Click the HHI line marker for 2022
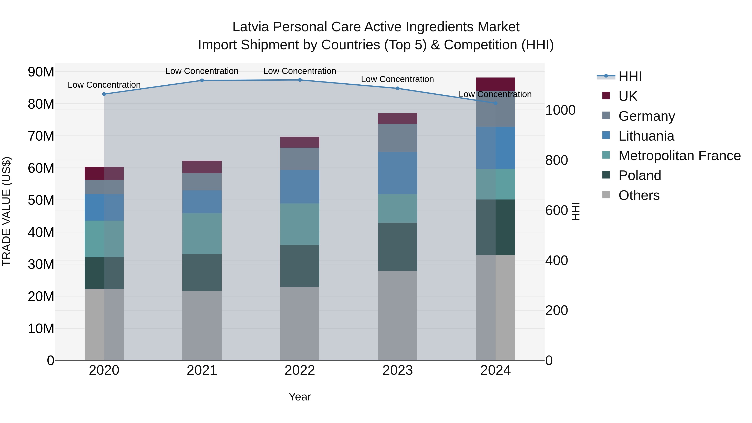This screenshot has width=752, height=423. (300, 80)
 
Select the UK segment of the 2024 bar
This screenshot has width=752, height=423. (495, 84)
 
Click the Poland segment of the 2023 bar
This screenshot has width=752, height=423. (398, 247)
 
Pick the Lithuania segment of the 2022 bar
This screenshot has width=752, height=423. (300, 187)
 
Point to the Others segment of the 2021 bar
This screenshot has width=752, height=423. (202, 325)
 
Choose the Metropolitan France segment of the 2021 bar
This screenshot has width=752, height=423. (202, 234)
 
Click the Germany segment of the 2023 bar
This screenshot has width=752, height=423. (398, 138)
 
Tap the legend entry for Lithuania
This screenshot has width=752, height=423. (646, 136)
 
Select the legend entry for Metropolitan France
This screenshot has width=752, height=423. (679, 156)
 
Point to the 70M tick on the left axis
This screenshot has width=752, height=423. (41, 136)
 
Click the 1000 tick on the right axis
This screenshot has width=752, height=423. (560, 110)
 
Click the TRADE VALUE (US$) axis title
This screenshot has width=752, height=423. (6, 211)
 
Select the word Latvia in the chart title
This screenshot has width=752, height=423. (250, 27)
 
